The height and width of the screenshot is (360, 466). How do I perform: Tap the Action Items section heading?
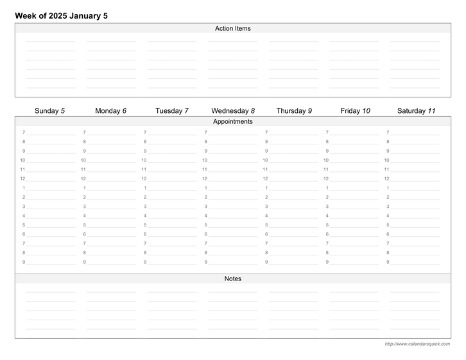[233, 28]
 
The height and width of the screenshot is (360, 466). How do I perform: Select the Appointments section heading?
[233, 121]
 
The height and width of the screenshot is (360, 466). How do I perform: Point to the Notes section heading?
[233, 279]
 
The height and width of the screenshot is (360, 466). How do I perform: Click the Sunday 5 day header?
[49, 110]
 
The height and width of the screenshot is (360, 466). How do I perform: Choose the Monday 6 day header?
[110, 110]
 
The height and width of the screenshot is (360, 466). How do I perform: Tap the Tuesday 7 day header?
[172, 110]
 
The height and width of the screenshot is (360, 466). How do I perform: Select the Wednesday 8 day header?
[233, 110]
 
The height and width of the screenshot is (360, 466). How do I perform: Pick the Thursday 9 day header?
[294, 110]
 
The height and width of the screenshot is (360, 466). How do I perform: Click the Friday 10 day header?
[355, 110]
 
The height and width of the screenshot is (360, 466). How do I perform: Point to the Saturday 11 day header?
[416, 110]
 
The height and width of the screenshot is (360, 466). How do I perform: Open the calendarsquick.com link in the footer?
[417, 344]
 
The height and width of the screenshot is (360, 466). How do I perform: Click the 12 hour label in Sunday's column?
[22, 178]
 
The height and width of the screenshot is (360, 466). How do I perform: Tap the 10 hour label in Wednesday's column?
[205, 160]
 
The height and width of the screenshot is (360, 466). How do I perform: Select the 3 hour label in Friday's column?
[327, 206]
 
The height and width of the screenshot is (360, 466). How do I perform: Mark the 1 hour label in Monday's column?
[84, 187]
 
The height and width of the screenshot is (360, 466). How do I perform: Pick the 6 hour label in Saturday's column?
[388, 234]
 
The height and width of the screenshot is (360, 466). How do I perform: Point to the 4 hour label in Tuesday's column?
[145, 216]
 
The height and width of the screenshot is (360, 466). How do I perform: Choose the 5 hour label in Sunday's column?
[24, 225]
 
